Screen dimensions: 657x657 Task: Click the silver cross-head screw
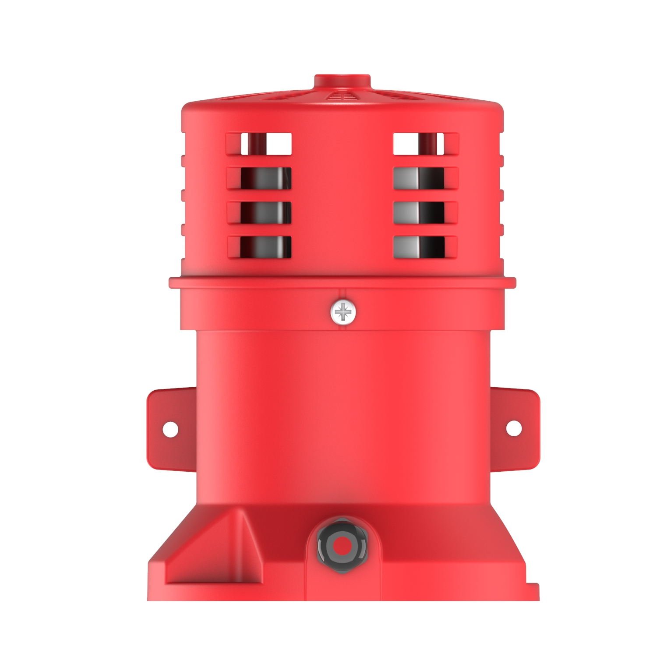pyautogui.click(x=343, y=312)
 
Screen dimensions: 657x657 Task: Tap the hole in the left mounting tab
pyautogui.click(x=170, y=429)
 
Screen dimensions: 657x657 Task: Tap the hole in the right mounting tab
pyautogui.click(x=514, y=428)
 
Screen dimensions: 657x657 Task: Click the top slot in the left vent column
pyautogui.click(x=265, y=144)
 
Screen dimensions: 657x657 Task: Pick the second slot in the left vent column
pyautogui.click(x=265, y=178)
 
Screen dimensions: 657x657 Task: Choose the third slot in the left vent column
pyautogui.click(x=265, y=212)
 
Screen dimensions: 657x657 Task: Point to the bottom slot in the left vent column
pyautogui.click(x=265, y=247)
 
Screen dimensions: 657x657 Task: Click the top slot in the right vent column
pyautogui.click(x=419, y=144)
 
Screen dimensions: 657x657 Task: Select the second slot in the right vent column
pyautogui.click(x=419, y=178)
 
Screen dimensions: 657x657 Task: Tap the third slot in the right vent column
pyautogui.click(x=419, y=212)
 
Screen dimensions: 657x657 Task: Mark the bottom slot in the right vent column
pyautogui.click(x=419, y=247)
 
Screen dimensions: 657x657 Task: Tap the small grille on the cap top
pyautogui.click(x=342, y=96)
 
